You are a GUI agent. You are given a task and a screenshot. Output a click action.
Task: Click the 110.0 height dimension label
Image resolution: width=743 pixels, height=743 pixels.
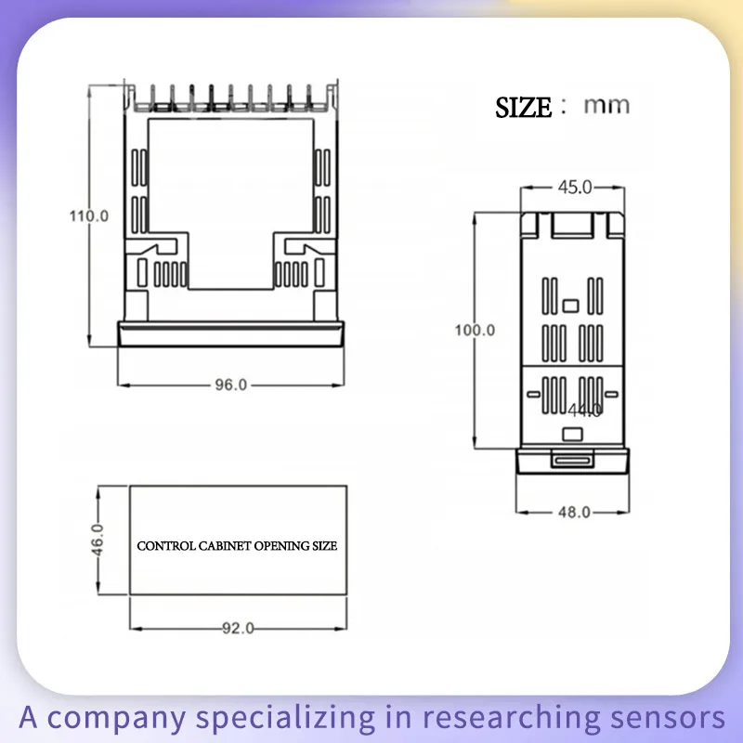pyautogui.click(x=89, y=215)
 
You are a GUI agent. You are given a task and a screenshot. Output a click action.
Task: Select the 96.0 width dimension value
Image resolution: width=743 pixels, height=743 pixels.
pyautogui.click(x=231, y=385)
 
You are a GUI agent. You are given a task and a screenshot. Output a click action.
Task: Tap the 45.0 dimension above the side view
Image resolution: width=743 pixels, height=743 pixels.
pyautogui.click(x=574, y=188)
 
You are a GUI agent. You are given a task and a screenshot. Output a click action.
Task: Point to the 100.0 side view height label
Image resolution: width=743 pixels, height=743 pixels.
pyautogui.click(x=475, y=330)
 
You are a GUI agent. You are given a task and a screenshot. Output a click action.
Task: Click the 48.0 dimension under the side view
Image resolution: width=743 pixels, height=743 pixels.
pyautogui.click(x=574, y=512)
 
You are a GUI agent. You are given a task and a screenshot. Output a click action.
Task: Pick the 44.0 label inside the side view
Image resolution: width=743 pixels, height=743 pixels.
pyautogui.click(x=585, y=410)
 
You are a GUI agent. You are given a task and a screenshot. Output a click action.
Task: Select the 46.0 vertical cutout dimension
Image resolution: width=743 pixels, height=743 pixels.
pyautogui.click(x=98, y=540)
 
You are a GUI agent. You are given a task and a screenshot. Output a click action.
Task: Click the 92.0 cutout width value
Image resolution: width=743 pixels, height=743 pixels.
pyautogui.click(x=238, y=628)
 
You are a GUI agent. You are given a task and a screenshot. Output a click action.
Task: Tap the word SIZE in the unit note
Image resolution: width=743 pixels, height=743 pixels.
pyautogui.click(x=523, y=108)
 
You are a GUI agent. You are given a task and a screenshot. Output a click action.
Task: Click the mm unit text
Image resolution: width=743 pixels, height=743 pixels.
pyautogui.click(x=606, y=105)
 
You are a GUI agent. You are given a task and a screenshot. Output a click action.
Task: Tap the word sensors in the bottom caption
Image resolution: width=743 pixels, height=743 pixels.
pyautogui.click(x=679, y=717)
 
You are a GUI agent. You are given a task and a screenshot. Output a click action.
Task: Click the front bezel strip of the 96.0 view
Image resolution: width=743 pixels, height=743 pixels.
pyautogui.click(x=231, y=333)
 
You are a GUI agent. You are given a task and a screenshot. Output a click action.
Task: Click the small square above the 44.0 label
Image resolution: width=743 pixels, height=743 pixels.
pyautogui.click(x=571, y=305)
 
